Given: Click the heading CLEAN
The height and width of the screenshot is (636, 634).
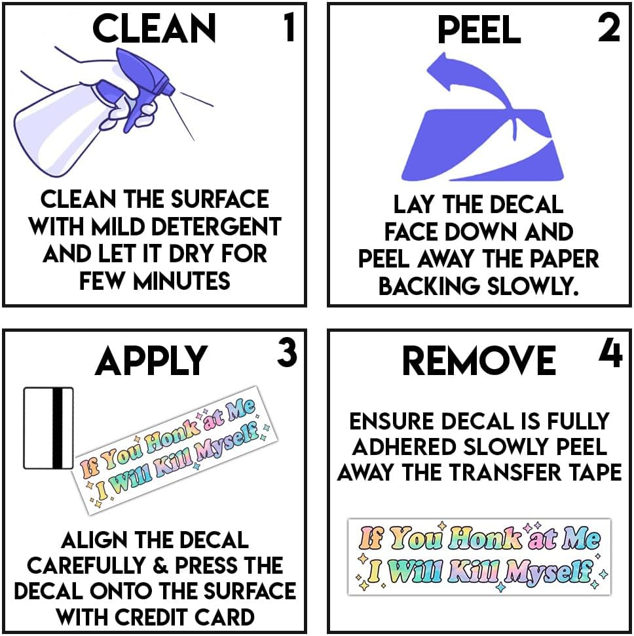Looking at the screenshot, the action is (154, 28).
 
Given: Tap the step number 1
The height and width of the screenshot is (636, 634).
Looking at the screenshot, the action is (289, 27).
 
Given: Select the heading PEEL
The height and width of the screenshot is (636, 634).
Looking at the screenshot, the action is (479, 30).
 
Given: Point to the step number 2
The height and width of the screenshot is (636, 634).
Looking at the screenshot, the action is (609, 27).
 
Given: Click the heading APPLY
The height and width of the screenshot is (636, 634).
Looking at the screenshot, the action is (151, 361).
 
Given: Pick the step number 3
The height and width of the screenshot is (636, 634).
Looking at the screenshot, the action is (287, 353).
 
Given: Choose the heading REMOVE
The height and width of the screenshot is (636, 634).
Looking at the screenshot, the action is (479, 361).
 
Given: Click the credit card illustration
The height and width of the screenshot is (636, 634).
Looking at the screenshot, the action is (48, 428).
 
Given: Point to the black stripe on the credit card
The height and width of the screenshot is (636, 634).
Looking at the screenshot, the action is (58, 428).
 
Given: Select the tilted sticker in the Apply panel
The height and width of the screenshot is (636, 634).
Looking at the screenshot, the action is (175, 450).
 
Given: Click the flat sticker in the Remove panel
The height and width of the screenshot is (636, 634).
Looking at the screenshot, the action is (479, 557).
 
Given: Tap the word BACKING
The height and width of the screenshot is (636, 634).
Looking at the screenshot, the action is (429, 287).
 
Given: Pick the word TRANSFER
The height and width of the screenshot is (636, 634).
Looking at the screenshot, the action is (505, 472).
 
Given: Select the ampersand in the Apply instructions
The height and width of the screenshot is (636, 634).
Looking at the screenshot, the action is (161, 565).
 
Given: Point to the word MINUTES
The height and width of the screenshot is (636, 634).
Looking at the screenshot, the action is (182, 281).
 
